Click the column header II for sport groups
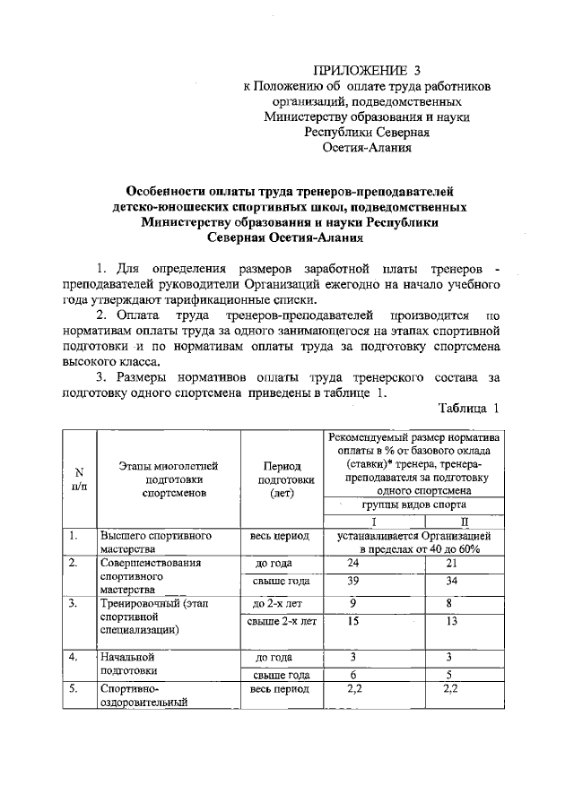click(x=463, y=522)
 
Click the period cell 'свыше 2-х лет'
click(x=282, y=620)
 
